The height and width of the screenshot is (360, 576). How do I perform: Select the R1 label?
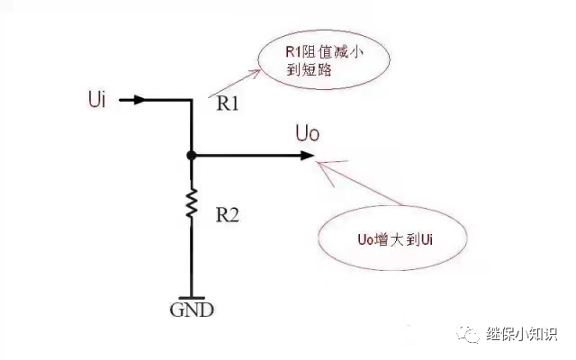229,103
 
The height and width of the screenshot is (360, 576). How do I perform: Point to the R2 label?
227,215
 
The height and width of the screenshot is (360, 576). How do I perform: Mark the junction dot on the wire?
192,156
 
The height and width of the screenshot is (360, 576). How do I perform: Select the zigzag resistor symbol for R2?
192,203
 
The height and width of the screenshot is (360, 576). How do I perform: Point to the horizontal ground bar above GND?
192,297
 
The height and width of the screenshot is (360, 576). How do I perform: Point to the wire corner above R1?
192,100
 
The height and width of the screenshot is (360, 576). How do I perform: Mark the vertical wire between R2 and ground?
192,261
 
